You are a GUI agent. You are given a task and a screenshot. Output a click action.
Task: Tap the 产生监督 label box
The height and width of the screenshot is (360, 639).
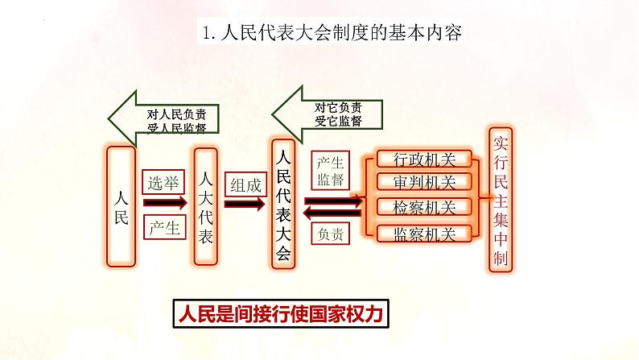(x=331, y=169)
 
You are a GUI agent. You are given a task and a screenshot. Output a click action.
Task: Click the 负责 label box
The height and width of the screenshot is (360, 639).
(x=331, y=234)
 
